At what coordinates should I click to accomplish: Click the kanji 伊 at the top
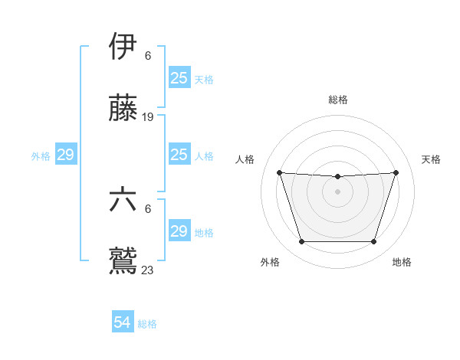(x=123, y=47)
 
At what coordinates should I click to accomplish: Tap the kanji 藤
(x=123, y=110)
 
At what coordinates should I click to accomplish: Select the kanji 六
(x=123, y=201)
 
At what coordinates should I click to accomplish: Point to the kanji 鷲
(x=123, y=260)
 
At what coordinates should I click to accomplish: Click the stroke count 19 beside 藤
(x=148, y=117)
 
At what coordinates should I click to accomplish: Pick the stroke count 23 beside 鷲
(x=148, y=270)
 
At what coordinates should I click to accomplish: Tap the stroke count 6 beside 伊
(x=148, y=56)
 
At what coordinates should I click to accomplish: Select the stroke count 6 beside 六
(x=148, y=208)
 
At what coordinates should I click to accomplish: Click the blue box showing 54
(x=123, y=323)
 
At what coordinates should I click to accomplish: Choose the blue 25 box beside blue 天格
(x=179, y=78)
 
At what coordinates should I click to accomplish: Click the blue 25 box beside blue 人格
(x=179, y=155)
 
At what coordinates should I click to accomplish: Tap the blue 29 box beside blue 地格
(x=179, y=231)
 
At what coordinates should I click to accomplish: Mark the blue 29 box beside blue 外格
(x=65, y=155)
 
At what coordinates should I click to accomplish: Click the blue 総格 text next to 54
(x=147, y=324)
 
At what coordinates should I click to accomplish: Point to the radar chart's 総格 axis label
(x=338, y=100)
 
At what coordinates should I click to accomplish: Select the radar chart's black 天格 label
(x=431, y=159)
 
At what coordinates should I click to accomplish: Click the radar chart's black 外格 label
(x=270, y=262)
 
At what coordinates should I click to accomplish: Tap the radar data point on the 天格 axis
(x=396, y=172)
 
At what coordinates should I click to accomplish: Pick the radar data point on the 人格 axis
(x=280, y=172)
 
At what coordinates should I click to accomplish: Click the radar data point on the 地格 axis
(x=373, y=242)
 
